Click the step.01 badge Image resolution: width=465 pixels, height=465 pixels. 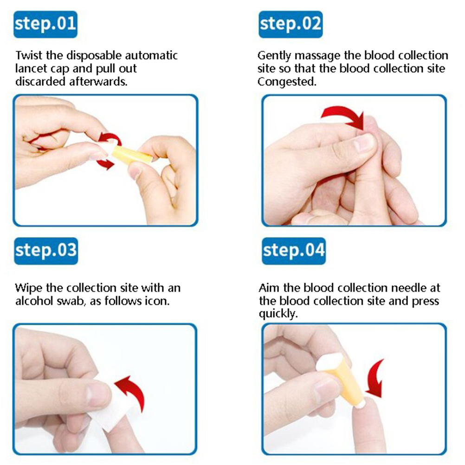tap(45, 24)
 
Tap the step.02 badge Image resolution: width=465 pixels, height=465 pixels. tap(291, 24)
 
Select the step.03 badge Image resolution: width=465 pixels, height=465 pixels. tap(46, 251)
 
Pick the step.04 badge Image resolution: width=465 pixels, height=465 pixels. tap(294, 251)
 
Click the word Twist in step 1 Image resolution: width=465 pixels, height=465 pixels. tap(29, 55)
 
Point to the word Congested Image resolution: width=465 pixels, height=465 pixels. tap(287, 82)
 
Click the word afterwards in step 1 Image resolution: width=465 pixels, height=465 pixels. tap(98, 81)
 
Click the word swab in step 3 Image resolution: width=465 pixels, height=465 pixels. tap(75, 301)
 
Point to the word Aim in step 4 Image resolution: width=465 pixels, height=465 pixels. tap(269, 288)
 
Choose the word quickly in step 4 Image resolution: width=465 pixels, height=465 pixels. tap(278, 314)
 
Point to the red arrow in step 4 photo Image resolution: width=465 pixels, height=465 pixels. tap(375, 379)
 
